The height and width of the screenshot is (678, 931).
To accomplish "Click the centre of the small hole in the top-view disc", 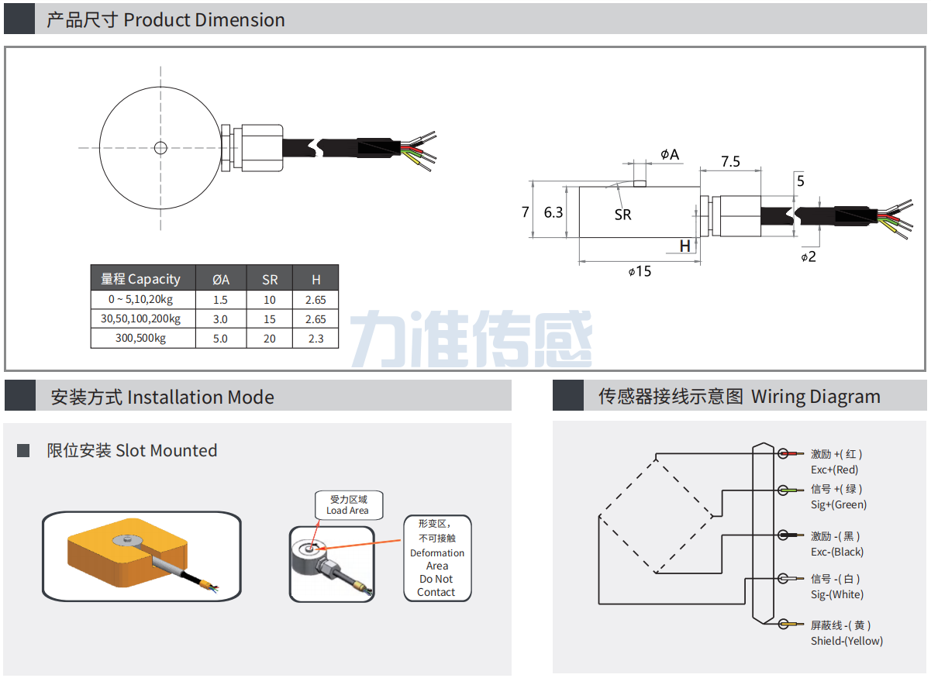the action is pyautogui.click(x=160, y=147).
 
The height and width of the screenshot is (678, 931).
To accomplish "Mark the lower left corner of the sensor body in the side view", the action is pyautogui.click(x=579, y=237).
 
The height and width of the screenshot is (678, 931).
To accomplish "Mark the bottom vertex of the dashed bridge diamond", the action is pyautogui.click(x=656, y=573).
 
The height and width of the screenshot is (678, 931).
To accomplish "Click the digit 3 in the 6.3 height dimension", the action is pyautogui.click(x=559, y=213).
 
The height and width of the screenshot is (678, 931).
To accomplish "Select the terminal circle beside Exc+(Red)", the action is pyautogui.click(x=783, y=453).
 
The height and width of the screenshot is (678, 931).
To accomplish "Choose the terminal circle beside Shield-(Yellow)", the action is pyautogui.click(x=783, y=624).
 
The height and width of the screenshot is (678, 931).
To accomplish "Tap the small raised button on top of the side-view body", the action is pyautogui.click(x=640, y=183).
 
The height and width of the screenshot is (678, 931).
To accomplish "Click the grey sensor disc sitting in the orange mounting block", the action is pyautogui.click(x=128, y=540).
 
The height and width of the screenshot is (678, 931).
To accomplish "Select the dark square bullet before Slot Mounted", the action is pyautogui.click(x=23, y=450).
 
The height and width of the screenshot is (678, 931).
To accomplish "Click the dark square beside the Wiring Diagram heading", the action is pyautogui.click(x=568, y=395).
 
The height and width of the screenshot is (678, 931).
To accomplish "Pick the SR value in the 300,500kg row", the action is pyautogui.click(x=269, y=339).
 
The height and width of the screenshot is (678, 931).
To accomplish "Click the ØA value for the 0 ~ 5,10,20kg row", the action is pyautogui.click(x=220, y=300).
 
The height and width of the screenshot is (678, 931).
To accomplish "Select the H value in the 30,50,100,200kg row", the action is pyautogui.click(x=316, y=319).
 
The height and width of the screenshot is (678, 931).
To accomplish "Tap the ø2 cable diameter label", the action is pyautogui.click(x=809, y=256).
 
